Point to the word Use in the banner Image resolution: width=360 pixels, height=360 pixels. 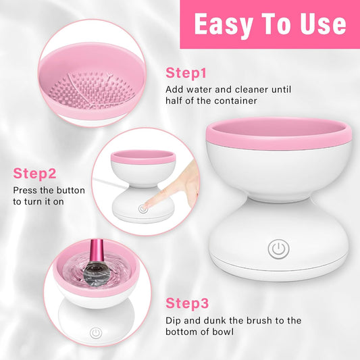[x=319, y=24]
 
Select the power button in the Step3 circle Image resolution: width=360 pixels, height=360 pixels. [x=95, y=333]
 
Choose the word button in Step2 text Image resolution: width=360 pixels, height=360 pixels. [x=66, y=190]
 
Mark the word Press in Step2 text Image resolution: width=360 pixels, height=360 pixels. [x=25, y=190]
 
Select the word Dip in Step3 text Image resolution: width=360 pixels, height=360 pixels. [x=174, y=320]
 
